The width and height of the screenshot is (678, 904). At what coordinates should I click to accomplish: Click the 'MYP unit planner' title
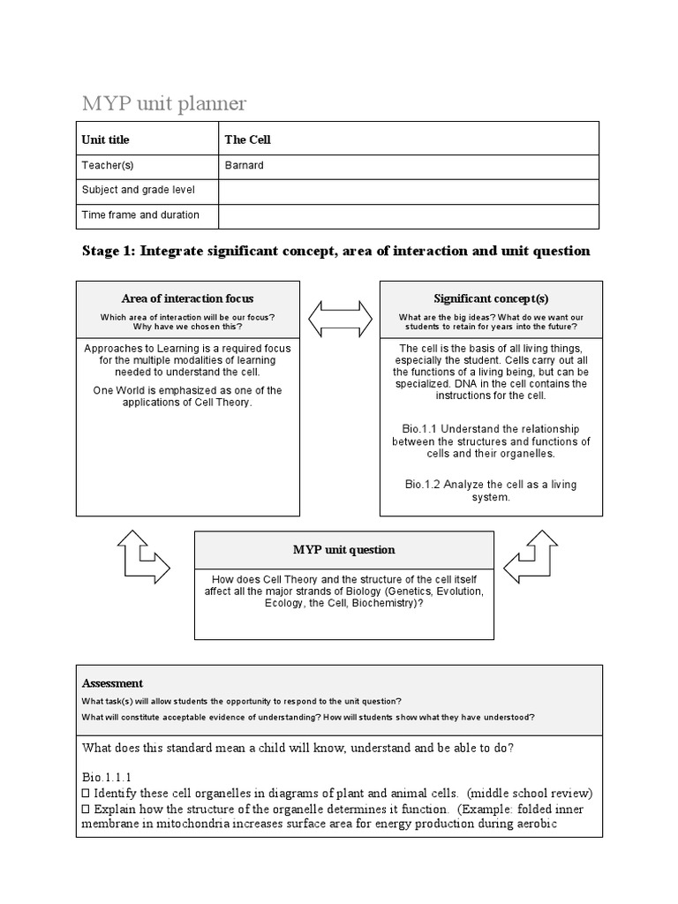point(164,104)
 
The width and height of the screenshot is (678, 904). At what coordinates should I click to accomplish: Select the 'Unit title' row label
point(105,139)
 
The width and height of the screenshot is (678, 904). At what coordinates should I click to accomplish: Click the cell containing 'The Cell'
point(248,139)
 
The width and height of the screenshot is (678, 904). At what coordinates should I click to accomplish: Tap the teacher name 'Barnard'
point(245,165)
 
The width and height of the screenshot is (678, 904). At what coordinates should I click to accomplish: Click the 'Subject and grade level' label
point(139,190)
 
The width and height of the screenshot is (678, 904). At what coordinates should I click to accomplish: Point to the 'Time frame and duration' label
point(140,215)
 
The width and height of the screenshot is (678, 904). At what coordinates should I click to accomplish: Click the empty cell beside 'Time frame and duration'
point(408,215)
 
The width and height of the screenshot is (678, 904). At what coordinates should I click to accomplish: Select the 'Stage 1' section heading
point(335,252)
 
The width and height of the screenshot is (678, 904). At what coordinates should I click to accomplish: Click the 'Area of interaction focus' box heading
point(187,298)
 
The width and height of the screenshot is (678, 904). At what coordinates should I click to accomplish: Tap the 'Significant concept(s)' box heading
point(491,298)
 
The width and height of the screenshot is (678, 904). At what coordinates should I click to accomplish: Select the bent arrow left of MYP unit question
point(142,557)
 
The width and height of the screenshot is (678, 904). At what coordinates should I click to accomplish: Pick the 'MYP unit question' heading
point(343,550)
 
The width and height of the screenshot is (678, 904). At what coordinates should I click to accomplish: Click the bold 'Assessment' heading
point(112,683)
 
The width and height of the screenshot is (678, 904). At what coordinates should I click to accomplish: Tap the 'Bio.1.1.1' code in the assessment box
point(106,777)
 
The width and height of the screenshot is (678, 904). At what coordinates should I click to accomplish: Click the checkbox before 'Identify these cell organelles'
point(87,793)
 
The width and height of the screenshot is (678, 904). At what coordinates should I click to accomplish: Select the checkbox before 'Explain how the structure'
point(87,809)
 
